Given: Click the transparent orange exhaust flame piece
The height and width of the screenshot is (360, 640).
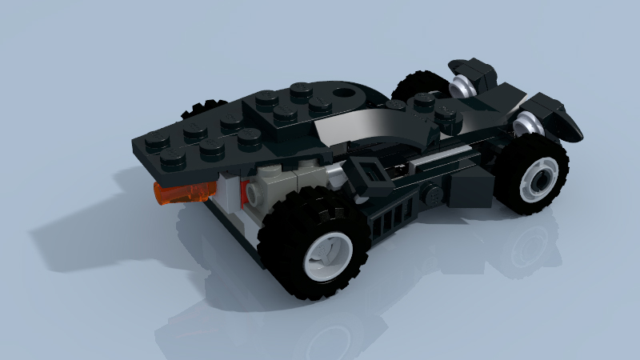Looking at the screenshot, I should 183,194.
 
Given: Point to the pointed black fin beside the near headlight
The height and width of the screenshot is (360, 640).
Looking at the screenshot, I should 563,120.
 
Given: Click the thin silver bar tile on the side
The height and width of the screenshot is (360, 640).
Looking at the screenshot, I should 432,162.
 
